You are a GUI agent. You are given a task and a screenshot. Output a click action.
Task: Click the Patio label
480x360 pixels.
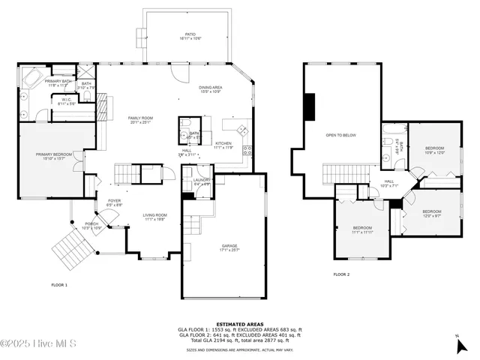(191, 35)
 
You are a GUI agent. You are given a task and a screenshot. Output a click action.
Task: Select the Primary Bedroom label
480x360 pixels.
(53, 156)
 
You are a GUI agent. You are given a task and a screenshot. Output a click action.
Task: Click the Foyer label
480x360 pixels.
(114, 202)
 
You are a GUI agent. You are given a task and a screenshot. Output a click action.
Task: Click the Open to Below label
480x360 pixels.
(340, 136)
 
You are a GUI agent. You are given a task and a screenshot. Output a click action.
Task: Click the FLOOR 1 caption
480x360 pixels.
(59, 285)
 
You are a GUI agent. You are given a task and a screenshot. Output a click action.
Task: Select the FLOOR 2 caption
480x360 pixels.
(341, 274)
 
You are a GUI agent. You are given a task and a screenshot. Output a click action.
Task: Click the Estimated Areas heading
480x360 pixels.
(240, 324)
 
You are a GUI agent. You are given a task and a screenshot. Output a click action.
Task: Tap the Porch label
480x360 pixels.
(91, 226)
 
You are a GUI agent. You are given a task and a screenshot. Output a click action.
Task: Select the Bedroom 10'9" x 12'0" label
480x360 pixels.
(435, 151)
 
